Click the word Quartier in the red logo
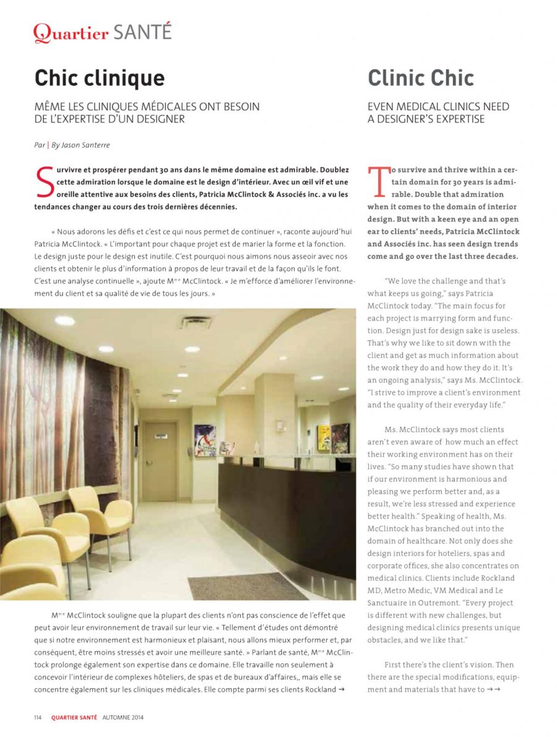pos(71,33)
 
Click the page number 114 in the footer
pos(38,717)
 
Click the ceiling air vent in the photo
pos(194,322)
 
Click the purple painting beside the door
pos(205,440)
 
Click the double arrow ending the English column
pos(493,689)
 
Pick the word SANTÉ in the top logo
pos(142,32)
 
